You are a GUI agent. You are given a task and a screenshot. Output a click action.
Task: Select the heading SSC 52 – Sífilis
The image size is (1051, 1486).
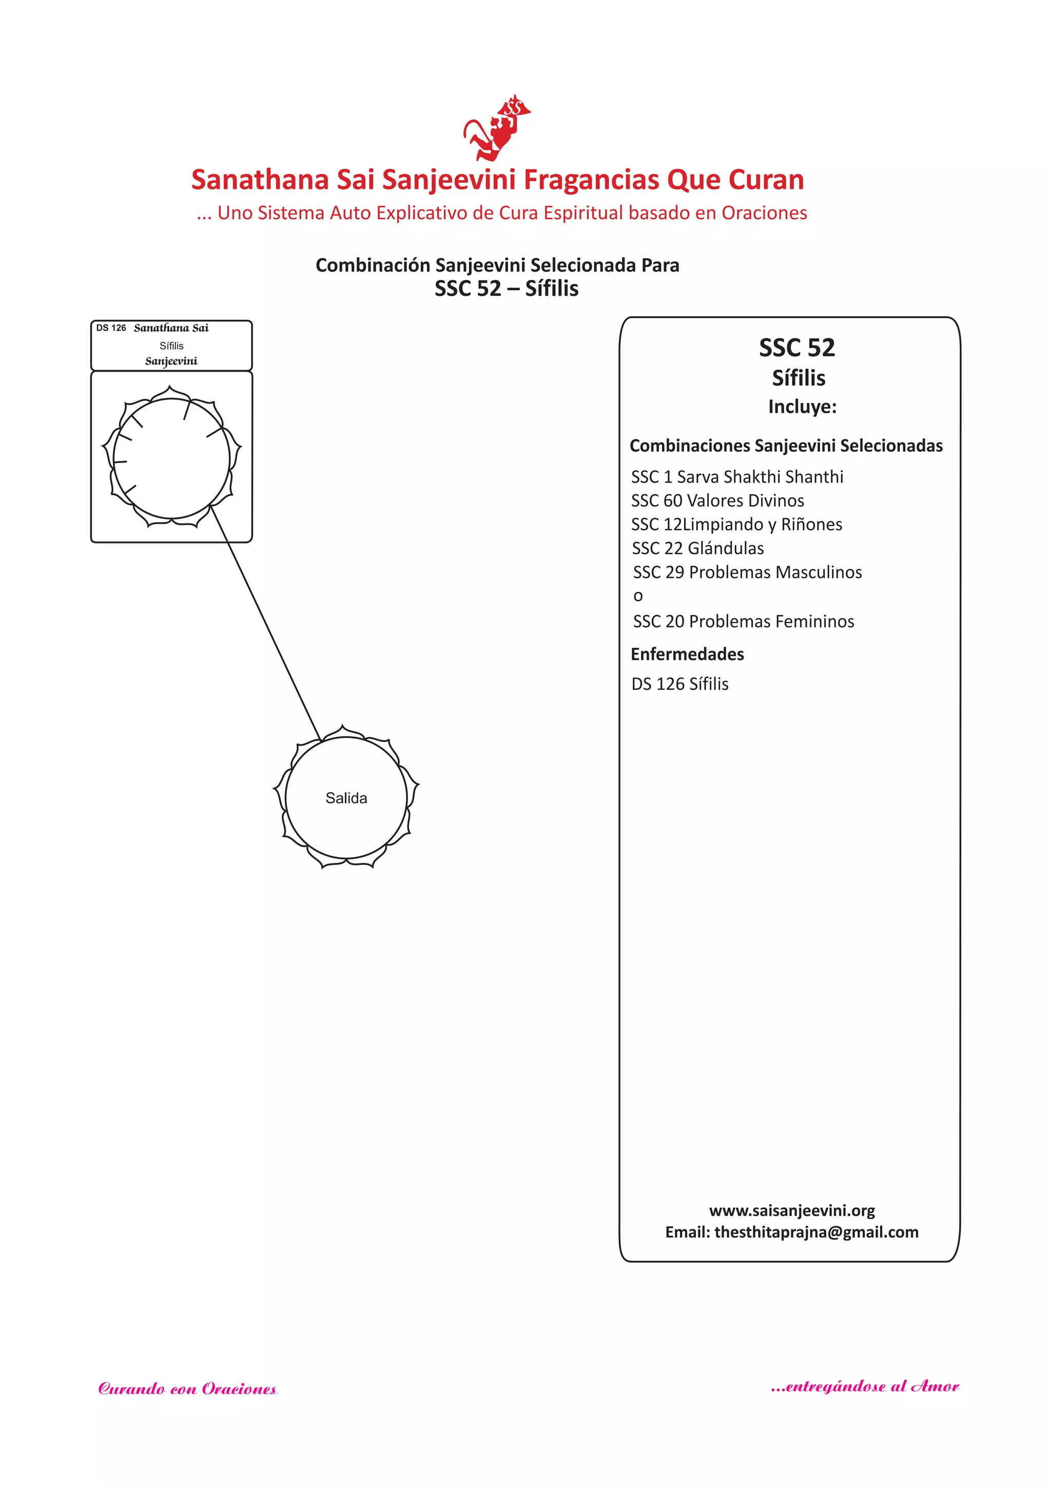pyautogui.click(x=506, y=288)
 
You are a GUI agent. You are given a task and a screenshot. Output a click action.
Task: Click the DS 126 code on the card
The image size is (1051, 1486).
pyautogui.click(x=111, y=328)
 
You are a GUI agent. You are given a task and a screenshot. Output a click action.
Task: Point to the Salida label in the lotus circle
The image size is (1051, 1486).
pyautogui.click(x=346, y=798)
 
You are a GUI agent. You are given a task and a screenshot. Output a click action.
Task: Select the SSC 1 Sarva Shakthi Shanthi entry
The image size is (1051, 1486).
pyautogui.click(x=737, y=477)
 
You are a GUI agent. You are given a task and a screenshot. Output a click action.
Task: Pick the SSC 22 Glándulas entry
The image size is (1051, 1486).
pyautogui.click(x=697, y=549)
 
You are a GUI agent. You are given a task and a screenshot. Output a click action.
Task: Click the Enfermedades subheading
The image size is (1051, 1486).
pyautogui.click(x=687, y=654)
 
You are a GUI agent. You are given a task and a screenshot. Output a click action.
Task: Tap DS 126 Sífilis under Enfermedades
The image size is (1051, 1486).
pyautogui.click(x=679, y=684)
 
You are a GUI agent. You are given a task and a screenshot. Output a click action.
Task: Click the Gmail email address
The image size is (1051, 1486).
pyautogui.click(x=815, y=1232)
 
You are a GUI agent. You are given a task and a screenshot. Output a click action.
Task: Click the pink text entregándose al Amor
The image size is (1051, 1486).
pyautogui.click(x=865, y=1386)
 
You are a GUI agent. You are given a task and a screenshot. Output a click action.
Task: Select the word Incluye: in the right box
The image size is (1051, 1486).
pyautogui.click(x=802, y=407)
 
